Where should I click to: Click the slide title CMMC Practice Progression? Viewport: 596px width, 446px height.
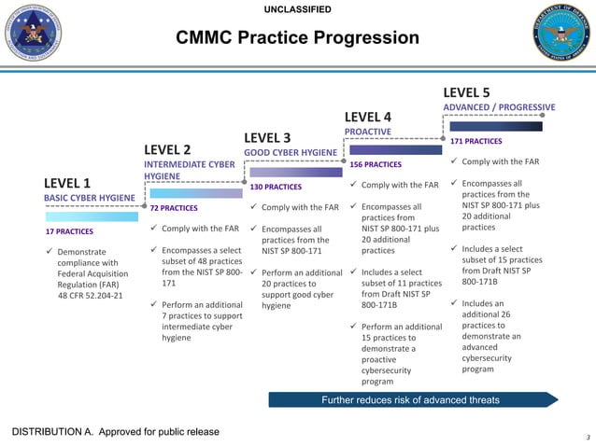tap(297, 38)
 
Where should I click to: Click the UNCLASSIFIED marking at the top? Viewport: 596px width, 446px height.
tap(297, 9)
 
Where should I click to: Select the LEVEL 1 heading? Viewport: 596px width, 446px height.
tap(68, 183)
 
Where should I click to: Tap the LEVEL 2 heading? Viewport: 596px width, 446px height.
tap(167, 149)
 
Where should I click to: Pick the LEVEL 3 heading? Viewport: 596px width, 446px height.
tap(267, 138)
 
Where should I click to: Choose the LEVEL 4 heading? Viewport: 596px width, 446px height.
tap(368, 117)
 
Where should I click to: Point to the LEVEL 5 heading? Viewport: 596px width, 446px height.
tap(466, 92)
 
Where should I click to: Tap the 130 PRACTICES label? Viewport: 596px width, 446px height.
tap(275, 187)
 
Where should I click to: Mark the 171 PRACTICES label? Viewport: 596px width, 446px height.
tap(475, 142)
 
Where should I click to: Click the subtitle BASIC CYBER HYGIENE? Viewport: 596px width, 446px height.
tap(90, 198)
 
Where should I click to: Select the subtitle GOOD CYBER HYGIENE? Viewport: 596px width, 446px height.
tap(290, 152)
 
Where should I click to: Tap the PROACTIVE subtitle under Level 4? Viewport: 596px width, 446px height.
tap(368, 132)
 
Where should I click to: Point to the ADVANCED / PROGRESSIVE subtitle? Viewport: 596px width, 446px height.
tap(499, 107)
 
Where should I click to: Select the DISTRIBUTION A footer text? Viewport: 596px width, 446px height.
tap(115, 431)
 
